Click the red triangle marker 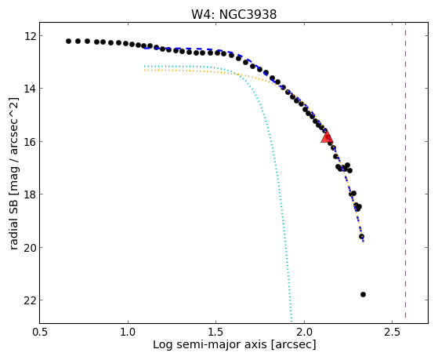pyautogui.click(x=327, y=136)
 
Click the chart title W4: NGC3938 pyautogui.click(x=233, y=14)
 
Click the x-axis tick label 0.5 pyautogui.click(x=40, y=333)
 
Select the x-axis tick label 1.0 pyautogui.click(x=128, y=333)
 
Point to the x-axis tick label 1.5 pyautogui.click(x=216, y=333)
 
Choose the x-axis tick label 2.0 pyautogui.click(x=304, y=333)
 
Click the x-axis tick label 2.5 pyautogui.click(x=393, y=333)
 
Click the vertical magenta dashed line pyautogui.click(x=405, y=173)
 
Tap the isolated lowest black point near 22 pyautogui.click(x=363, y=294)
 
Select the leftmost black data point pyautogui.click(x=68, y=41)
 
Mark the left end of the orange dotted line pyautogui.click(x=144, y=71)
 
